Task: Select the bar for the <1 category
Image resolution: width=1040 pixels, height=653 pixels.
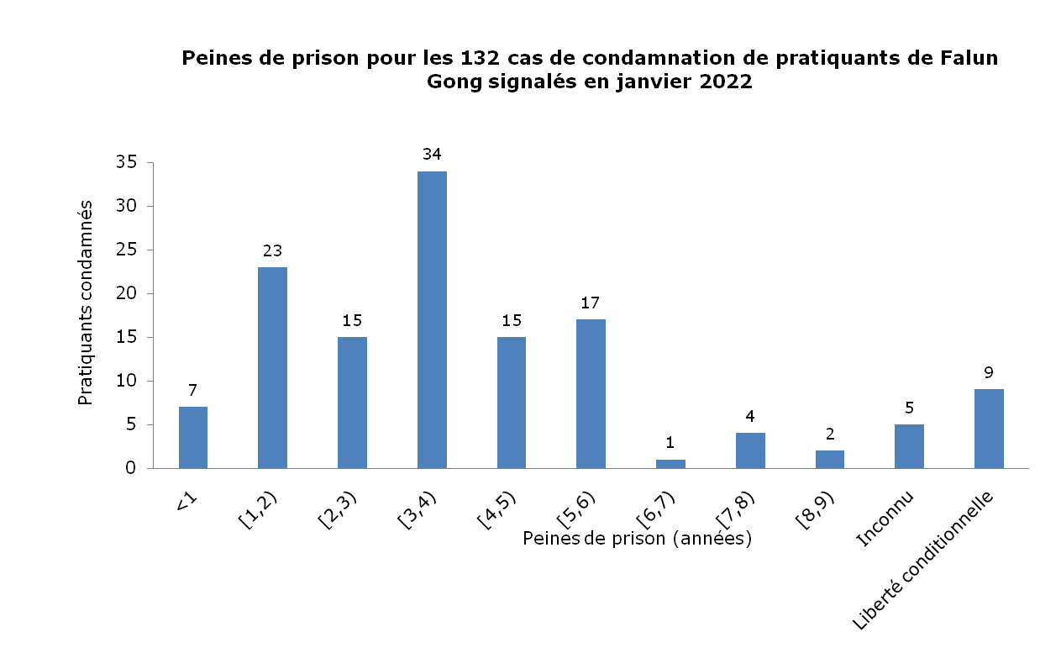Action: pyautogui.click(x=193, y=437)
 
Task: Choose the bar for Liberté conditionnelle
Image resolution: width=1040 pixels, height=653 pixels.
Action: pyautogui.click(x=989, y=429)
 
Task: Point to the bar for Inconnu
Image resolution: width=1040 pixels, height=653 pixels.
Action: pyautogui.click(x=909, y=446)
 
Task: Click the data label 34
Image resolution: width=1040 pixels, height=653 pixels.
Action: pyautogui.click(x=433, y=154)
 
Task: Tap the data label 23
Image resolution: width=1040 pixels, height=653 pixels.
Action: pyautogui.click(x=272, y=250)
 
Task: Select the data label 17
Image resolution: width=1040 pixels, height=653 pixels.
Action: pyautogui.click(x=591, y=303)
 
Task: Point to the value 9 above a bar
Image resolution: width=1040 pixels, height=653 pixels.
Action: pyautogui.click(x=989, y=371)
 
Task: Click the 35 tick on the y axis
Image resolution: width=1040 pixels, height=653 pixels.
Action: pyautogui.click(x=125, y=162)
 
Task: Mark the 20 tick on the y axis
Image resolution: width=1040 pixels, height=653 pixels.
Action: pyautogui.click(x=125, y=293)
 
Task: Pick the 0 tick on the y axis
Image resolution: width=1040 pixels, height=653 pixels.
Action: pyautogui.click(x=131, y=468)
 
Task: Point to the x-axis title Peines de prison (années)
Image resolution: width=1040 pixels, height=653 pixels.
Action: pyautogui.click(x=636, y=539)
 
